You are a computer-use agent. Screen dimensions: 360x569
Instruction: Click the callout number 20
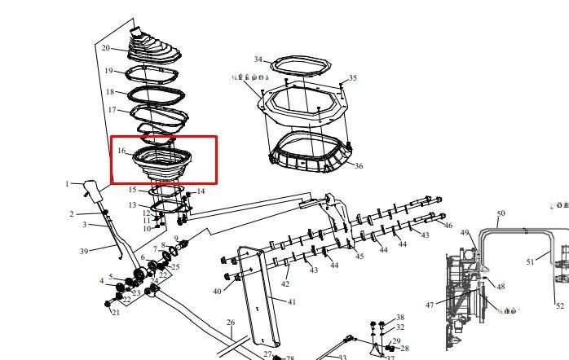click(105, 48)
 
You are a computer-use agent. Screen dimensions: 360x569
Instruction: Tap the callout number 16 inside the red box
click(121, 151)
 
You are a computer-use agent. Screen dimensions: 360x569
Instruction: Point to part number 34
click(258, 59)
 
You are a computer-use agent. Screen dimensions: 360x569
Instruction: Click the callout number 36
click(359, 166)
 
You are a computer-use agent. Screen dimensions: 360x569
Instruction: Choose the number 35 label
click(352, 78)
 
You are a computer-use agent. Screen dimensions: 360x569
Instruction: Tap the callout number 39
click(84, 252)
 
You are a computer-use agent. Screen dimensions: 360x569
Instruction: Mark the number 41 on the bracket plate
click(292, 301)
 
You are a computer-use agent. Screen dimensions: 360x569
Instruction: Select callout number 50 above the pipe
click(501, 213)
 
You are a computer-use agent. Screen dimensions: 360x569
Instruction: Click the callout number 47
click(430, 305)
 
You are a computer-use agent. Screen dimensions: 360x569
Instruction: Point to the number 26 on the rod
click(231, 323)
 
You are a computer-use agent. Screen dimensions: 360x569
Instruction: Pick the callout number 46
click(448, 225)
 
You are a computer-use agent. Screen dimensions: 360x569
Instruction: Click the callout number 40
click(217, 291)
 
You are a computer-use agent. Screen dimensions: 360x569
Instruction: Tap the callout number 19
click(108, 71)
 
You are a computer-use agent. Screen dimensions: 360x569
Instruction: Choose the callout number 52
click(560, 305)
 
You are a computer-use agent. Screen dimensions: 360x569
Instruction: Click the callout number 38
click(400, 317)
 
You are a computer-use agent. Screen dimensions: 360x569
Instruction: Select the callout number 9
click(175, 239)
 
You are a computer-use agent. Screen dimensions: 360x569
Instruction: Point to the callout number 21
click(115, 312)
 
